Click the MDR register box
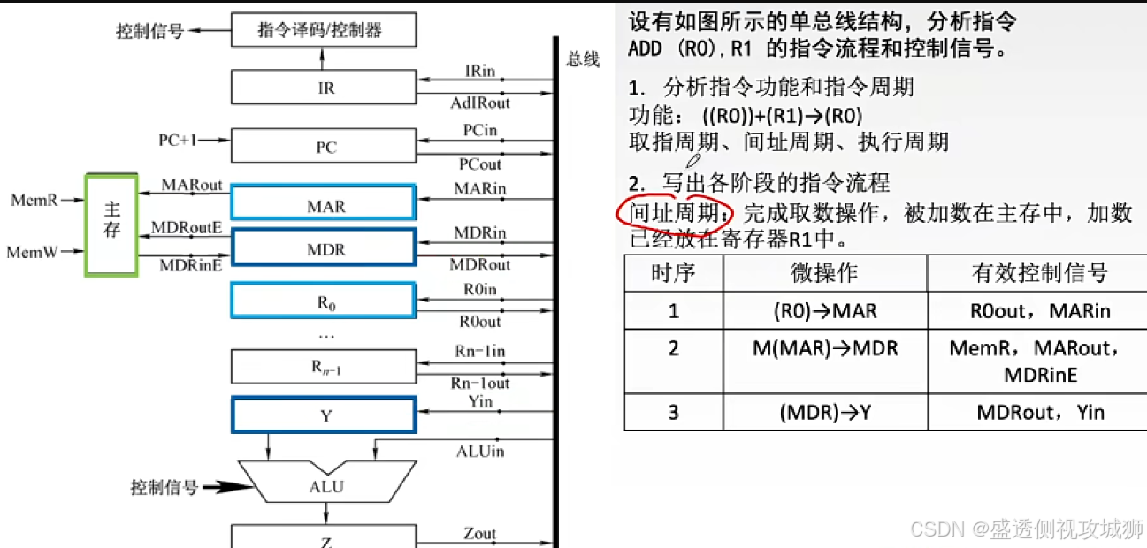coord(323,249)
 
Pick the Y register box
coord(323,415)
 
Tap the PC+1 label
coord(179,141)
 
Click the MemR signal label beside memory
coord(34,200)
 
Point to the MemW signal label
coord(33,252)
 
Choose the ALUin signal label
coord(480,452)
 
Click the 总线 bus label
coord(583,60)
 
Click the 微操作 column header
coord(824,272)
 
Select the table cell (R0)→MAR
coord(824,310)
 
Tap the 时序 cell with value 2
coord(674,349)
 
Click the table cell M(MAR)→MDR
coord(824,349)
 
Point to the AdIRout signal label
coord(480,103)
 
